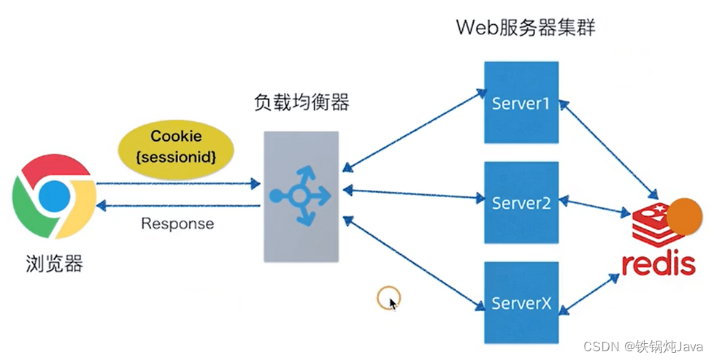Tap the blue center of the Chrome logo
(x=54, y=196)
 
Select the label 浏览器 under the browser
(x=54, y=263)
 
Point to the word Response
(x=177, y=223)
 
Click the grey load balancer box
(x=301, y=196)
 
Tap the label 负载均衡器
(x=301, y=103)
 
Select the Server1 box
(x=521, y=102)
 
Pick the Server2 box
(x=521, y=202)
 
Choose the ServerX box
(x=521, y=302)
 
